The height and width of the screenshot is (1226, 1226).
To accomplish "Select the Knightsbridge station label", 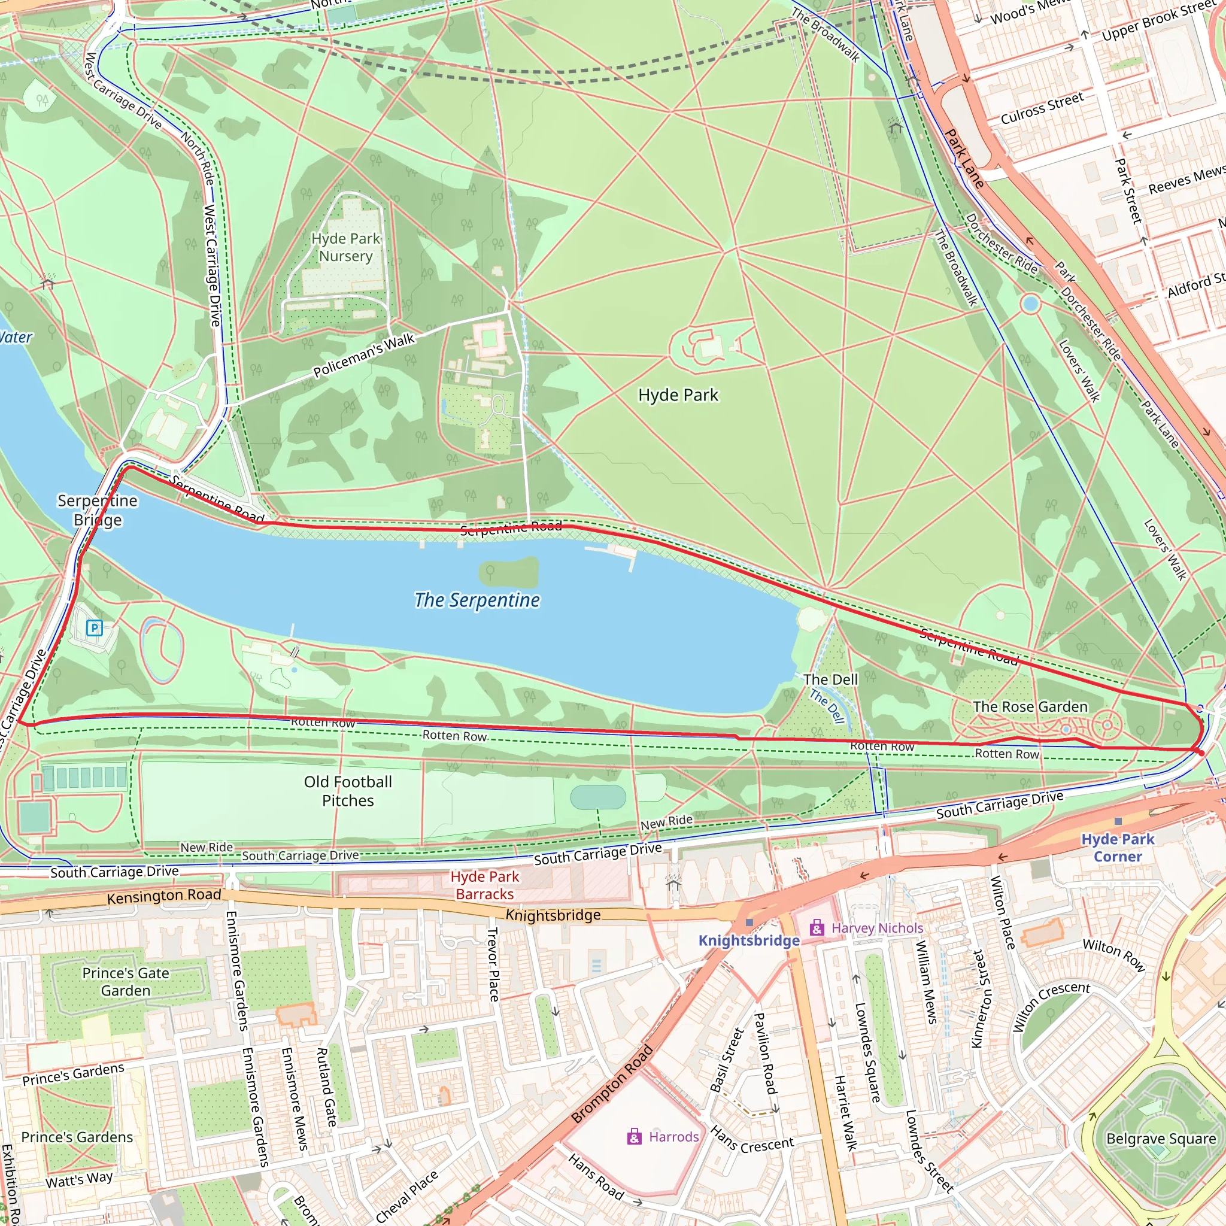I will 749,940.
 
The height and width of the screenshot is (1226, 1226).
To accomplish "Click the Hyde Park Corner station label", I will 1118,848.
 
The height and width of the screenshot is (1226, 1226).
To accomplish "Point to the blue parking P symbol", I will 95,628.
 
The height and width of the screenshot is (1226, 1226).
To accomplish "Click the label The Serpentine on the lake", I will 477,600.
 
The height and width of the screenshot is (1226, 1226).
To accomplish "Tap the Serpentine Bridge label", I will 98,510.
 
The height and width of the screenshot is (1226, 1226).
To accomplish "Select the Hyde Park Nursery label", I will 346,247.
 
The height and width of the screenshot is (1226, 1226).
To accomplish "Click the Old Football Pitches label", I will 348,791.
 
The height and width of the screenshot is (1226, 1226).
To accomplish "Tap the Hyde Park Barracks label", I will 485,885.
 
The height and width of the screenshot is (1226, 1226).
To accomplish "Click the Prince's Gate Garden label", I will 126,982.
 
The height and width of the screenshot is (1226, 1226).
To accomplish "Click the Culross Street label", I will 1042,109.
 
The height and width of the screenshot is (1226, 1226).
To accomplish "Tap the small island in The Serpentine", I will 509,573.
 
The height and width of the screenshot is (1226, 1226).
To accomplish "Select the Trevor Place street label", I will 493,964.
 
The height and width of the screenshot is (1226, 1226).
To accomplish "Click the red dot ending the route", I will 1201,752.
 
